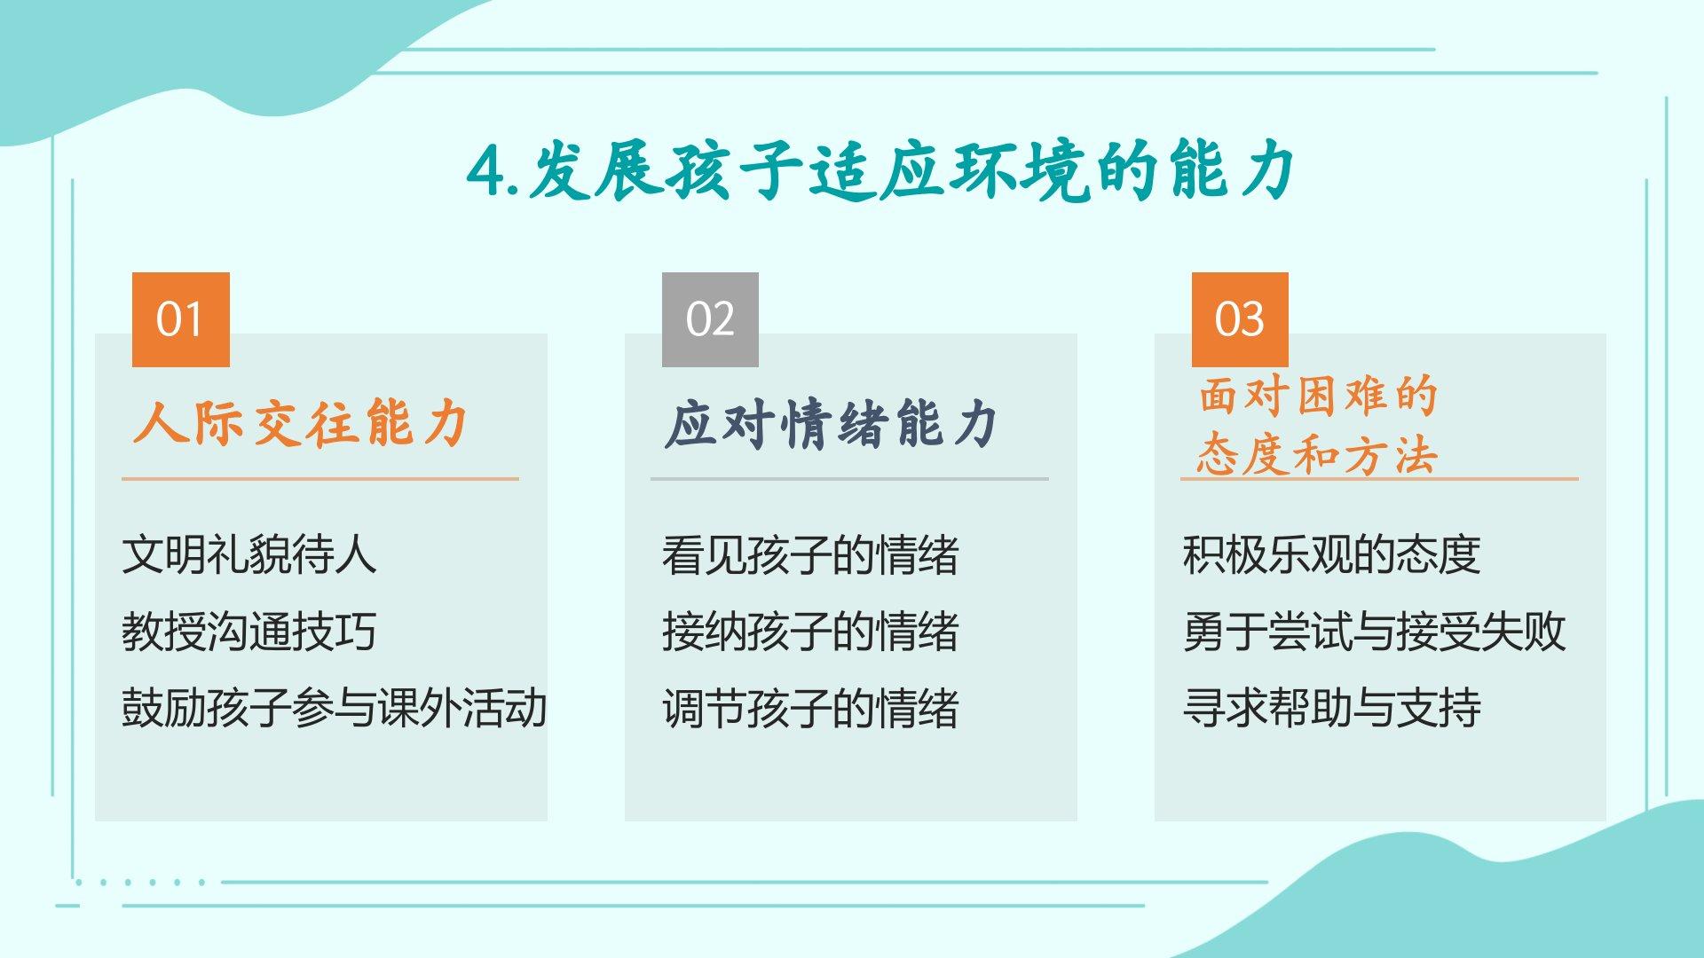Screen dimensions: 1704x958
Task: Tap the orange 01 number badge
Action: (181, 319)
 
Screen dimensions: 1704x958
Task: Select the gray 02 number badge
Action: (710, 319)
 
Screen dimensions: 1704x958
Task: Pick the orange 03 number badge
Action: (1240, 319)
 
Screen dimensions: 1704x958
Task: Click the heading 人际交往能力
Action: (301, 422)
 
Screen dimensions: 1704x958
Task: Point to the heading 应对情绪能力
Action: (832, 423)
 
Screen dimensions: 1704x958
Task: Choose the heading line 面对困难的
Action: (1318, 396)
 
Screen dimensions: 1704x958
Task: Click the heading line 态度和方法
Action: (1317, 455)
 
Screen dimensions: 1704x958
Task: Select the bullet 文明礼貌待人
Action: (249, 554)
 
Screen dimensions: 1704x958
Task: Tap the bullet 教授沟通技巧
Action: (249, 632)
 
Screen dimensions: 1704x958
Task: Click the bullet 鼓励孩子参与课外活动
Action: (335, 708)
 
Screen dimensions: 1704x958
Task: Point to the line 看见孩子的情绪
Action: (810, 554)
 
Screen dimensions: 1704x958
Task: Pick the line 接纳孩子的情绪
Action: (810, 632)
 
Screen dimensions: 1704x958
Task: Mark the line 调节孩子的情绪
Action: (810, 708)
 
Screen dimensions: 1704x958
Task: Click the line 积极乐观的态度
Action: (1331, 554)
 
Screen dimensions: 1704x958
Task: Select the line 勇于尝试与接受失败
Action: (1374, 632)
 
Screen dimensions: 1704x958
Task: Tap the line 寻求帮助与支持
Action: (1331, 708)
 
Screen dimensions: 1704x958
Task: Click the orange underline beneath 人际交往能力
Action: (320, 479)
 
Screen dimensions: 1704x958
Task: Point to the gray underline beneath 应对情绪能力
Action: (849, 479)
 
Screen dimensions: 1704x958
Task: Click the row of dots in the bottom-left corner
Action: (141, 883)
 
